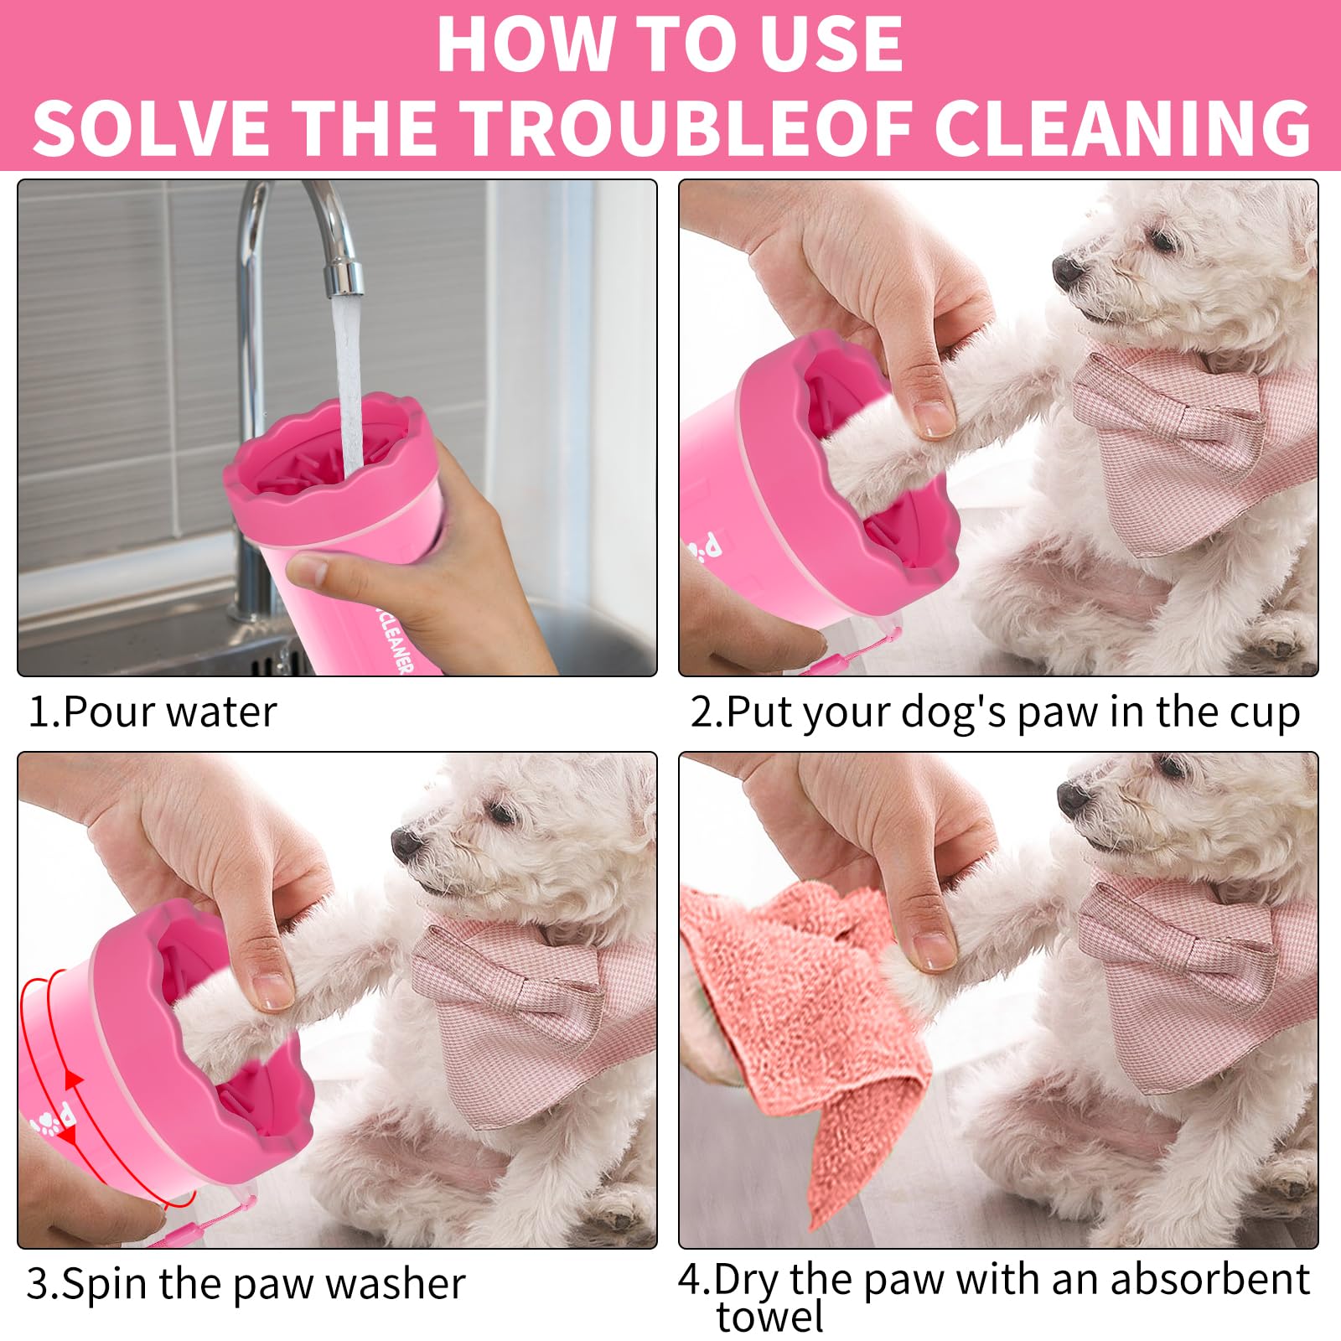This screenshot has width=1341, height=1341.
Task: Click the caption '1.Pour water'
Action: [x=152, y=712]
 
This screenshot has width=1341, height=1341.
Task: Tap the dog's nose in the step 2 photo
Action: [x=1067, y=270]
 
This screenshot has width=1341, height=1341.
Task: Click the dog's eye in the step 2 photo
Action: [x=1161, y=239]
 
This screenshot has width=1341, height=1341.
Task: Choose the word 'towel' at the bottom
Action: [x=769, y=1318]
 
